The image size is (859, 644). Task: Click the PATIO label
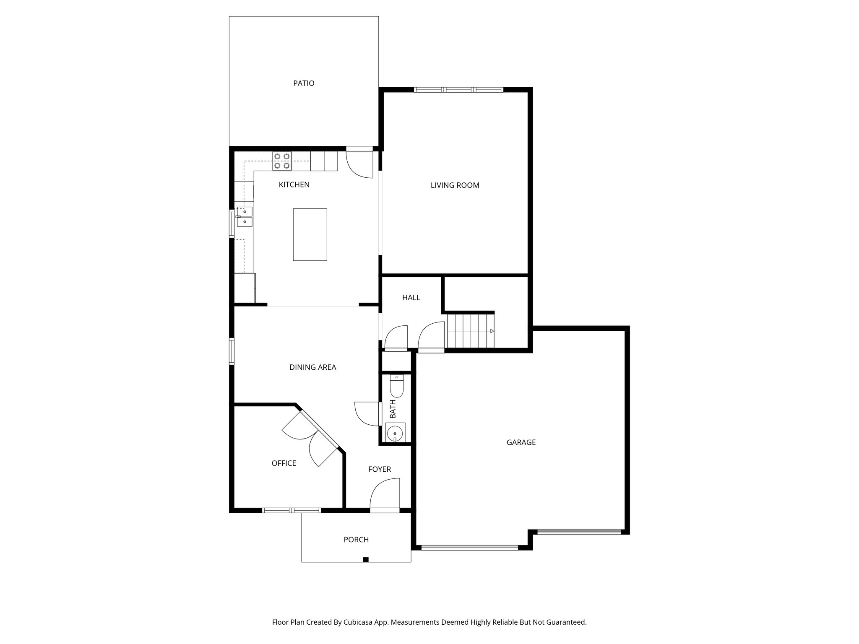(x=304, y=83)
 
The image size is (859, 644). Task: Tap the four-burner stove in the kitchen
(x=282, y=161)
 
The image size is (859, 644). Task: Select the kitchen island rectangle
(x=310, y=234)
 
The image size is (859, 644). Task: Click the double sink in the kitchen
(x=245, y=217)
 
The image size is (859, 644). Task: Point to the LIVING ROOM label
(x=455, y=185)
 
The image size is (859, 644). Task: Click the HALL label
(x=411, y=298)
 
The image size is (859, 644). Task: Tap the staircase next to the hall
(x=471, y=331)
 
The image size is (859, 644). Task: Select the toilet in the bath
(x=396, y=386)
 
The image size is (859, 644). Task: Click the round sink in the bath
(x=395, y=433)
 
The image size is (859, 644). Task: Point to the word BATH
(x=393, y=409)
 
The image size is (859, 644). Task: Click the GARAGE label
(x=521, y=442)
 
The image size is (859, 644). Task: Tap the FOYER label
(x=380, y=470)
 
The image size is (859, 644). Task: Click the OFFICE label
(x=284, y=463)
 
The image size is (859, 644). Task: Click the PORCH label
(x=356, y=540)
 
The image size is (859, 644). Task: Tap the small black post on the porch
(x=365, y=559)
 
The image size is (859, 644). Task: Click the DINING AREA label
(x=313, y=368)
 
